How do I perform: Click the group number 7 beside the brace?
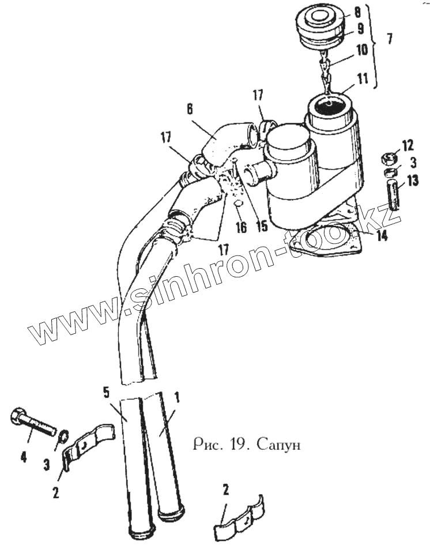(x=390, y=39)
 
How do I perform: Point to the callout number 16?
(x=241, y=227)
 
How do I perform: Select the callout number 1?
(x=177, y=397)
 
